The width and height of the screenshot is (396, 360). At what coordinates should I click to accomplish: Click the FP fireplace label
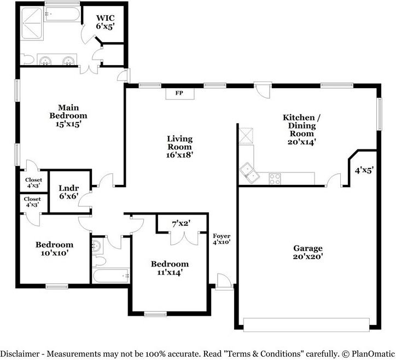pyautogui.click(x=178, y=94)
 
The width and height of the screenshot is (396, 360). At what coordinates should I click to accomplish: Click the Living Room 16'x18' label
pyautogui.click(x=179, y=147)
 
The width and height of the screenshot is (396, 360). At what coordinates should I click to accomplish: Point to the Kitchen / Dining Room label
pyautogui.click(x=298, y=129)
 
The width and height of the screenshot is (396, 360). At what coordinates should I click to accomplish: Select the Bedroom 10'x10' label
pyautogui.click(x=54, y=249)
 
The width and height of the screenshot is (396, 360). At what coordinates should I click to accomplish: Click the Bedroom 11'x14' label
pyautogui.click(x=170, y=268)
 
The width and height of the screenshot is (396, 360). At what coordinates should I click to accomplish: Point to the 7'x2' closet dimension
pyautogui.click(x=181, y=223)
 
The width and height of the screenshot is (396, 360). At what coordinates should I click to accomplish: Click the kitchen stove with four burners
pyautogui.click(x=275, y=178)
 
